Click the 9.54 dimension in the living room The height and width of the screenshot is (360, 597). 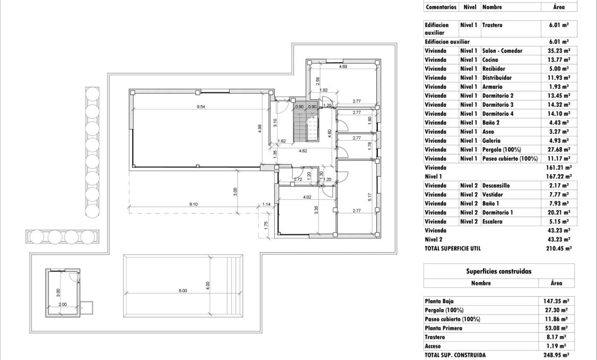coord(201,107)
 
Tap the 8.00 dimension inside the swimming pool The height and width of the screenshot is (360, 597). coord(183,290)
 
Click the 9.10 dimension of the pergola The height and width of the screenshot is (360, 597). coord(193,204)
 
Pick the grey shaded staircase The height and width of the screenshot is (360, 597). coord(306,121)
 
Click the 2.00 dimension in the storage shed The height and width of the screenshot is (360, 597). coord(62,304)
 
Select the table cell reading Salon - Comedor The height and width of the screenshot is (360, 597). coord(502,51)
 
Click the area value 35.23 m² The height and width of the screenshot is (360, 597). coord(558,51)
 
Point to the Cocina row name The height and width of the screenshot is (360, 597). coord(490,60)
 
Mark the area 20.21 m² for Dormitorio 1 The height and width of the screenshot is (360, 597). coord(558,212)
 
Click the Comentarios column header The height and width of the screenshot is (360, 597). coord(440,7)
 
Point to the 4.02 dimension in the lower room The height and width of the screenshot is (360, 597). coord(307,198)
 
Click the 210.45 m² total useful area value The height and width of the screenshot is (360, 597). coord(558,248)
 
